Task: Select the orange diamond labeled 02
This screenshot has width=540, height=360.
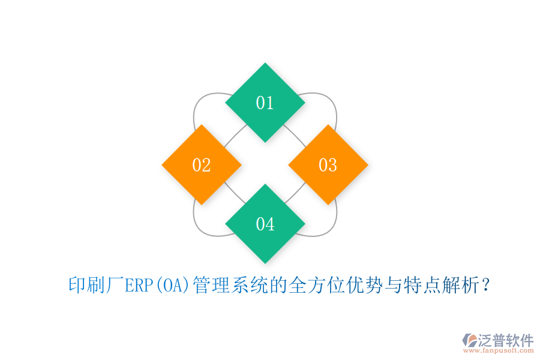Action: click(202, 164)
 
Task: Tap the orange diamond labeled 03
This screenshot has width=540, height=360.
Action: click(328, 164)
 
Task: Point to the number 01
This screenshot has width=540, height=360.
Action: click(265, 103)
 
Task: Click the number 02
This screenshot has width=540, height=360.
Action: click(202, 165)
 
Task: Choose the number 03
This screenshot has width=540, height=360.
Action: click(328, 165)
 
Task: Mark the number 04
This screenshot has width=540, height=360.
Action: click(265, 224)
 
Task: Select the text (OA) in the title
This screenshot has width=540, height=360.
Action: click(172, 286)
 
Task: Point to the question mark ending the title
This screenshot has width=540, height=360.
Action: click(486, 286)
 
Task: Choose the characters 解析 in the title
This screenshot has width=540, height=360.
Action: click(462, 286)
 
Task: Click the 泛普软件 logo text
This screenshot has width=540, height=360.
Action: click(506, 340)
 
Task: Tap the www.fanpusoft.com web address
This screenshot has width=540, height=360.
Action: click(499, 351)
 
